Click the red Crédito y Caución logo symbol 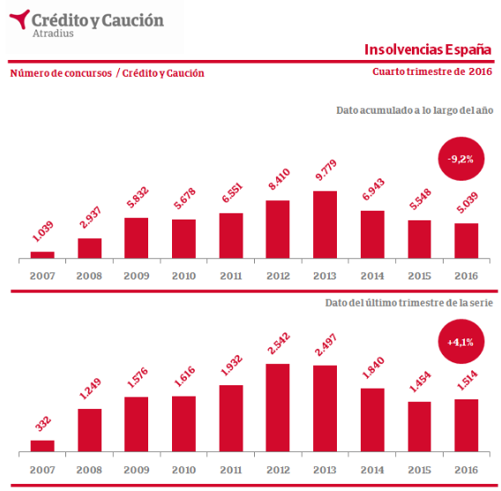click(19, 19)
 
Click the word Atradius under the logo click(53, 33)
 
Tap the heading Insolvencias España click(428, 49)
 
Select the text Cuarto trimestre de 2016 click(432, 71)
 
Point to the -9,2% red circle click(460, 159)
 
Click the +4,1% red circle click(460, 342)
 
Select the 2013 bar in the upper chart click(325, 225)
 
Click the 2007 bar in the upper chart click(42, 255)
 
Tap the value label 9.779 click(325, 170)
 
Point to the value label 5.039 click(467, 203)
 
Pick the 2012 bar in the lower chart click(278, 407)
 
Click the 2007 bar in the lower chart click(42, 446)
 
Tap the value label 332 click(43, 424)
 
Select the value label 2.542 click(279, 344)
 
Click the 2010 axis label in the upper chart click(183, 276)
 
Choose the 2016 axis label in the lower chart click(467, 470)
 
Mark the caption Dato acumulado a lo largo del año click(415, 110)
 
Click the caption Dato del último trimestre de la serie click(409, 302)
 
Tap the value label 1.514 click(467, 380)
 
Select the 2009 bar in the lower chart click(137, 424)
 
